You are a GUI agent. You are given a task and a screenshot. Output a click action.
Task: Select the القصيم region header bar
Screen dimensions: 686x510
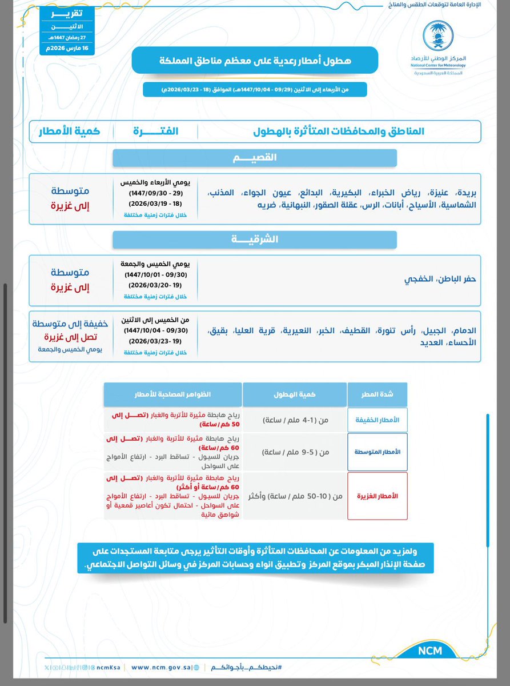(x=255, y=158)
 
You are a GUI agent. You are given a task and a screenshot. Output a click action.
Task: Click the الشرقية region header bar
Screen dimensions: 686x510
(x=255, y=240)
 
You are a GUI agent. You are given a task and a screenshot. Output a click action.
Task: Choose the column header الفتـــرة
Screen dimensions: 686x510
(x=156, y=131)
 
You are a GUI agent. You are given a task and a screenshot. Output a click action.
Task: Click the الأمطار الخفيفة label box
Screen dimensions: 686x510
(x=377, y=420)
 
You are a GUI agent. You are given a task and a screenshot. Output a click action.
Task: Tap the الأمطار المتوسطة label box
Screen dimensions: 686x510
(x=377, y=452)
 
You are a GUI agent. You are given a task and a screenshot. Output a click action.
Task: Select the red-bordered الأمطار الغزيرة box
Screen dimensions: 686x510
(x=377, y=496)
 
